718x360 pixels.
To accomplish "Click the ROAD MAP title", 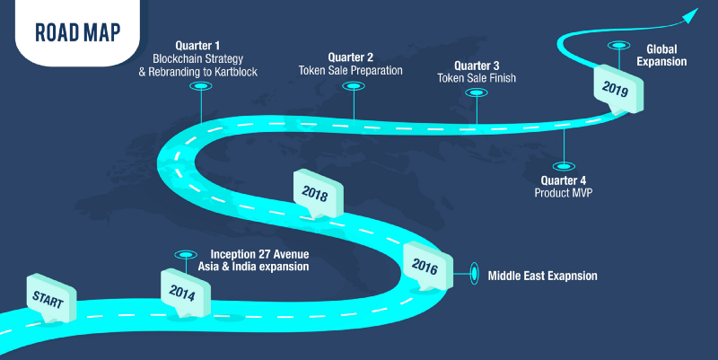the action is pyautogui.click(x=78, y=32).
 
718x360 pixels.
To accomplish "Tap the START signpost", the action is pyautogui.click(x=51, y=299).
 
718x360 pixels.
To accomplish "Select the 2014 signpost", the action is pyautogui.click(x=186, y=294).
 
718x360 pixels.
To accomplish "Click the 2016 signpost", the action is pyautogui.click(x=428, y=266).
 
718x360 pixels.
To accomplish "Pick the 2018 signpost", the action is pyautogui.click(x=319, y=194).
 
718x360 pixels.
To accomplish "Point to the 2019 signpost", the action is pyautogui.click(x=618, y=89).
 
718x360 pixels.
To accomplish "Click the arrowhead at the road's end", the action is pyautogui.click(x=689, y=15).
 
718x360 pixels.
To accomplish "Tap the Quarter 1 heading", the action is pyautogui.click(x=197, y=46).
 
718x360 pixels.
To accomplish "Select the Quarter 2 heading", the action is pyautogui.click(x=350, y=57).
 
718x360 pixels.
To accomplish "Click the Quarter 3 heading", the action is pyautogui.click(x=477, y=66).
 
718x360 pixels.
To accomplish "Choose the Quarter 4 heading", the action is pyautogui.click(x=564, y=181).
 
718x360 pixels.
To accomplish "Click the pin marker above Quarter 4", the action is pyautogui.click(x=564, y=166).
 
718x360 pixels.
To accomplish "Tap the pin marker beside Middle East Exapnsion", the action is pyautogui.click(x=475, y=274).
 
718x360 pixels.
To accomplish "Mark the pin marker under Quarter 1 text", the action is pyautogui.click(x=201, y=86).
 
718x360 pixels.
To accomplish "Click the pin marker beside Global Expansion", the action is pyautogui.click(x=618, y=46).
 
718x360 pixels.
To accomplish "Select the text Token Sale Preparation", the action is pyautogui.click(x=350, y=71).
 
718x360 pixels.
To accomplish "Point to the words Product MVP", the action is pyautogui.click(x=564, y=193).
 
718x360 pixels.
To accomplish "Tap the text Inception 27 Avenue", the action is pyautogui.click(x=259, y=254).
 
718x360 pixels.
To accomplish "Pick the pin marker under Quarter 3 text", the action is pyautogui.click(x=477, y=92).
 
